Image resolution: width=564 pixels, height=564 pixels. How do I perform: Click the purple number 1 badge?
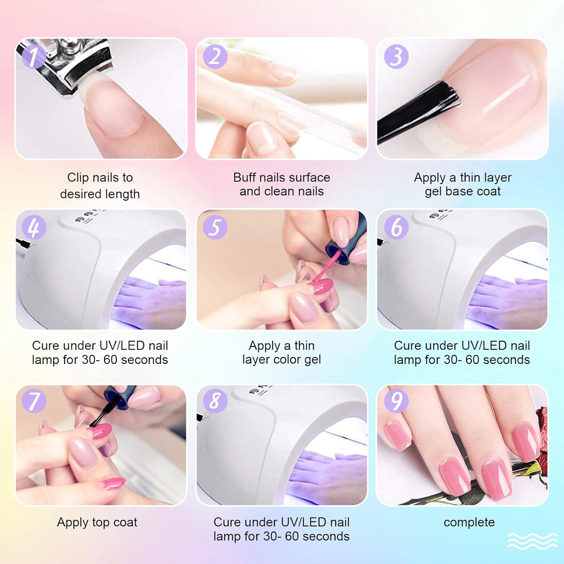click(x=34, y=56)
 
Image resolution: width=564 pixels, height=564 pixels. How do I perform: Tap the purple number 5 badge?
click(x=215, y=227)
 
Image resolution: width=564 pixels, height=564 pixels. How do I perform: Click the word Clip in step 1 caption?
click(x=79, y=177)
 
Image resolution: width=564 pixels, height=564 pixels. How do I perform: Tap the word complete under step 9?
click(x=469, y=522)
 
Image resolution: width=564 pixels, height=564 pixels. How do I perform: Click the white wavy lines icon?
click(x=532, y=541)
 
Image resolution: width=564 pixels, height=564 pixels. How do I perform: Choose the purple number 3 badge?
click(x=396, y=56)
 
